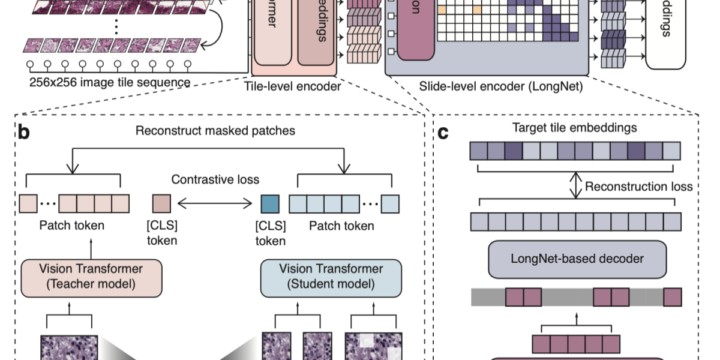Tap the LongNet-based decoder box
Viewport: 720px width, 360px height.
[577, 259]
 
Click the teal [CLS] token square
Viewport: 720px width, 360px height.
[270, 205]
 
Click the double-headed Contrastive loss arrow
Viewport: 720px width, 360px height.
[215, 205]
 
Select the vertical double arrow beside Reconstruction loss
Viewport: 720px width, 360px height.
[575, 186]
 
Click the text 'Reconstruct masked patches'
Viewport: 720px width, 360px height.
[215, 130]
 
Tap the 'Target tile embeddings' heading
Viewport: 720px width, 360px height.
[575, 128]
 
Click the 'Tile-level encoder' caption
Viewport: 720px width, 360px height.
[292, 86]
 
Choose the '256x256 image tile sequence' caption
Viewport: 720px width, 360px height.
[110, 82]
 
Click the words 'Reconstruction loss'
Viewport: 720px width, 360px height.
[638, 187]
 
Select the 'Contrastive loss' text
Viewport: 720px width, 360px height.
[215, 179]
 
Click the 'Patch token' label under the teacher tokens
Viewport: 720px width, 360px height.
[72, 226]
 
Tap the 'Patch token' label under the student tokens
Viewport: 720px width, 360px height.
[341, 226]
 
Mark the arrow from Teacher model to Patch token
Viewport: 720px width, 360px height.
[91, 248]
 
